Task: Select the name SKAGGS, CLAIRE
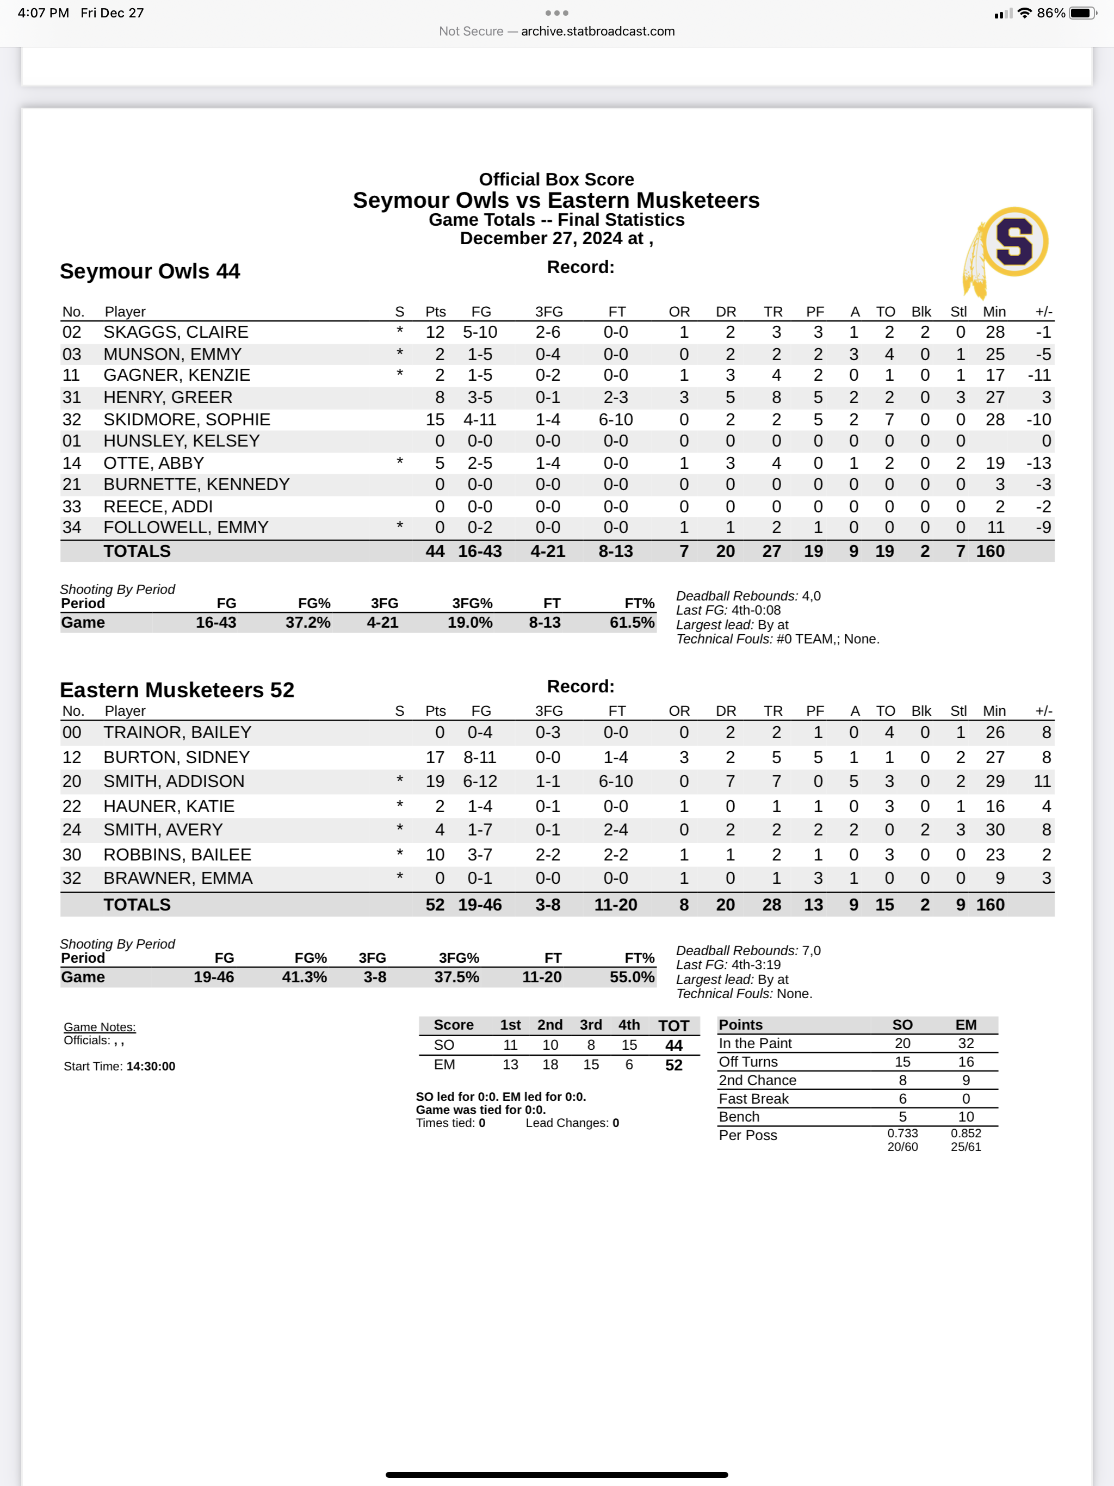176,332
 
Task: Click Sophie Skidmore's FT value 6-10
615,420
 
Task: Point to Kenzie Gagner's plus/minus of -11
1039,375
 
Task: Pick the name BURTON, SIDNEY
176,757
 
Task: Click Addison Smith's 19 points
435,781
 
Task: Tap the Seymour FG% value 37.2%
308,623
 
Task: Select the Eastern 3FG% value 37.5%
456,977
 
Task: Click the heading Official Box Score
556,179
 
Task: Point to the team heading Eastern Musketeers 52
177,690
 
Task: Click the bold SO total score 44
673,1045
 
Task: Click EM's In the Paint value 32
966,1043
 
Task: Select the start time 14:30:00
151,1066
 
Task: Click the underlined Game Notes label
100,1026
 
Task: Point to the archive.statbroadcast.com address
597,31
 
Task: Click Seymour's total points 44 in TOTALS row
435,552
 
